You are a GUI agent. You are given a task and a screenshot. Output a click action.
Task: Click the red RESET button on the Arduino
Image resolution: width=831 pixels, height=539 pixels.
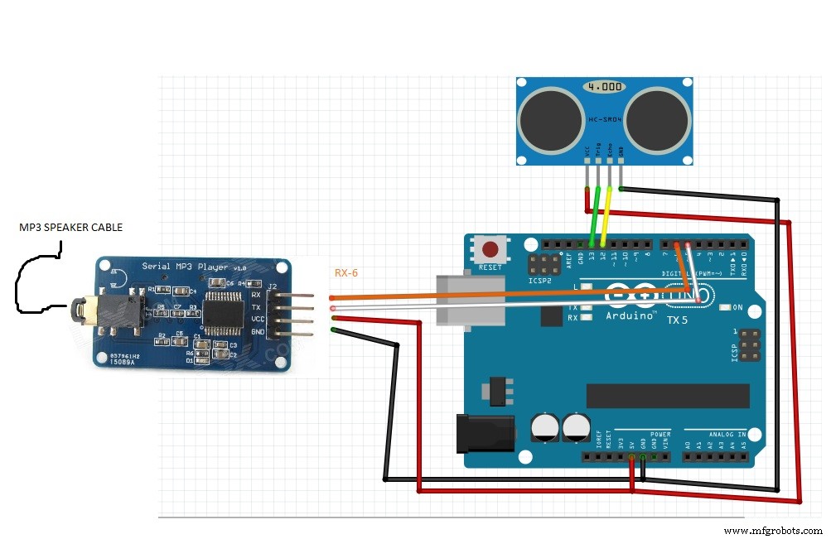pos(490,248)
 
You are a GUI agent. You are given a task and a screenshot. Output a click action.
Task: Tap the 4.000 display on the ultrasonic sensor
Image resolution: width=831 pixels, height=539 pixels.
pos(601,86)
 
